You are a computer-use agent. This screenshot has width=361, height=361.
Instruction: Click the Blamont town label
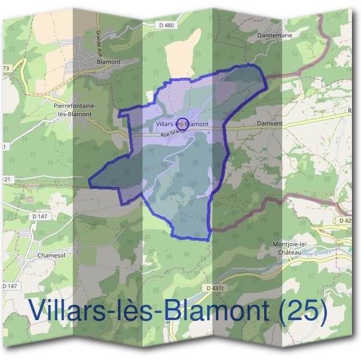pos(109,61)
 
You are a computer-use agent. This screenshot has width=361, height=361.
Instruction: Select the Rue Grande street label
pos(173,135)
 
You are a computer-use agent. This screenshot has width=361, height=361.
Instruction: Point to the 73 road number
pos(6,69)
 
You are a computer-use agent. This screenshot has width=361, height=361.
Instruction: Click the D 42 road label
pos(345,221)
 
